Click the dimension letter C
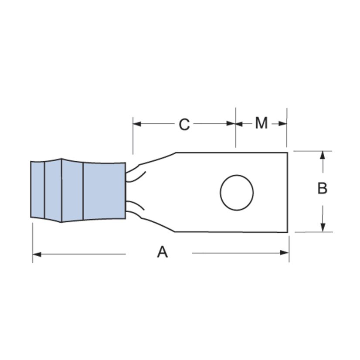click(184, 125)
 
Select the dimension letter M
click(262, 123)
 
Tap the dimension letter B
click(323, 188)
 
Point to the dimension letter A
click(163, 251)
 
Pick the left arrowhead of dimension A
click(37, 254)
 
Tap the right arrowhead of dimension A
click(284, 253)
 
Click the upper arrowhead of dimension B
click(323, 155)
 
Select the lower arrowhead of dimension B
click(323, 228)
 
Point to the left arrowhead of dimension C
click(137, 124)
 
